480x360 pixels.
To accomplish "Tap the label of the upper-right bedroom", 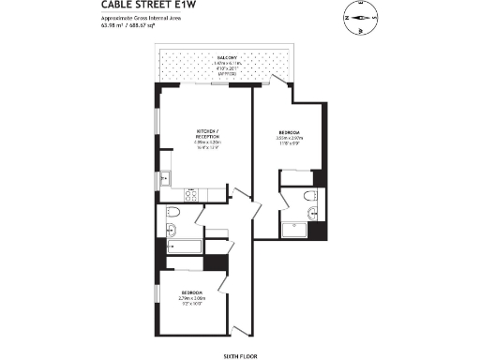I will click(x=291, y=138).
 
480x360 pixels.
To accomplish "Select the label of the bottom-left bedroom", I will click(x=193, y=297).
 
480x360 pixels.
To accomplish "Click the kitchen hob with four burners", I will click(x=189, y=196).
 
